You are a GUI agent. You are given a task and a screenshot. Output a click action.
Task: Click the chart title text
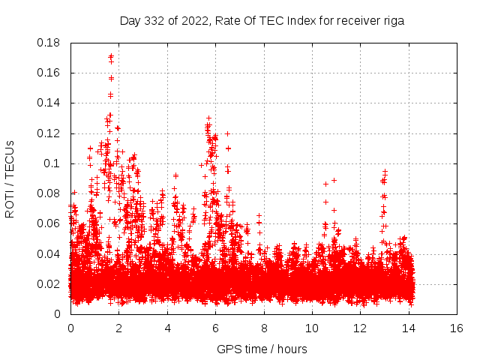[x=262, y=21]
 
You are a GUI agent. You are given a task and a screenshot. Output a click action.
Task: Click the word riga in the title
[x=391, y=21]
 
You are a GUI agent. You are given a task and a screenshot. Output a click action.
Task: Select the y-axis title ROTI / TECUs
[x=10, y=178]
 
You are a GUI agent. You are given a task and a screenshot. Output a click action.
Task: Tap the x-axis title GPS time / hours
[x=262, y=349]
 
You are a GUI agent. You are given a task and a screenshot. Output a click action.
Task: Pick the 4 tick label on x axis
[x=167, y=328]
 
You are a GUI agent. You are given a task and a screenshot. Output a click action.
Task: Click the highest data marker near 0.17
[x=111, y=56]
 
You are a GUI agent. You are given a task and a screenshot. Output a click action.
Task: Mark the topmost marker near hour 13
[x=385, y=172]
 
